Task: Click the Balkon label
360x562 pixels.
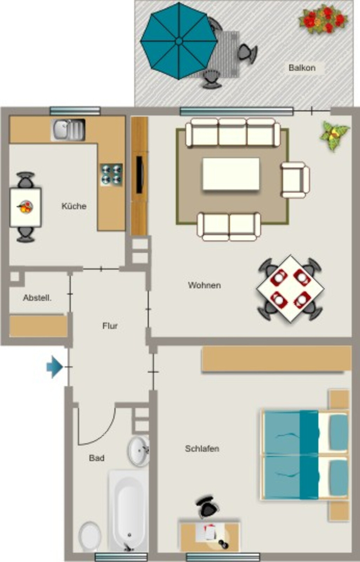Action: [302, 68]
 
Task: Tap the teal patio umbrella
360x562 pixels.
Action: [179, 41]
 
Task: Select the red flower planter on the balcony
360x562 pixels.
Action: [324, 19]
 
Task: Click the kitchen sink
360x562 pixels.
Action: [68, 130]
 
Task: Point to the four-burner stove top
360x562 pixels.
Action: [111, 175]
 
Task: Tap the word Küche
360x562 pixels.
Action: [74, 206]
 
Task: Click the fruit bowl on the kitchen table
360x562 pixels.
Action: [25, 207]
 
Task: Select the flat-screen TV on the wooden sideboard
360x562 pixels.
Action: [140, 175]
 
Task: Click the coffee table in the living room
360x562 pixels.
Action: [231, 174]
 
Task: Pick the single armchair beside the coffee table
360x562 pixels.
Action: [295, 180]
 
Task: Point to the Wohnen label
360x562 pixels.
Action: [204, 285]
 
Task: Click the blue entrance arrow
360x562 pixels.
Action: [55, 367]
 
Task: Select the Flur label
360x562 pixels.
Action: [110, 326]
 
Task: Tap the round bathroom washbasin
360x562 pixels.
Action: [138, 451]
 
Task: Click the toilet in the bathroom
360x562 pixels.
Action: [89, 537]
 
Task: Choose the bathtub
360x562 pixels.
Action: [128, 512]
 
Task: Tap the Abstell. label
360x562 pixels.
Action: [37, 298]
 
